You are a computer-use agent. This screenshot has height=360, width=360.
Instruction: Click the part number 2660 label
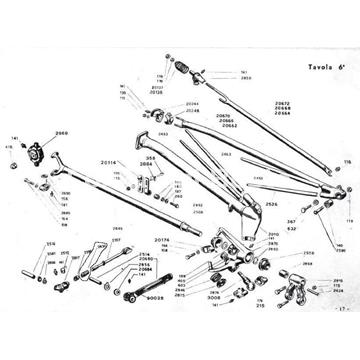click(x=62, y=132)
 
